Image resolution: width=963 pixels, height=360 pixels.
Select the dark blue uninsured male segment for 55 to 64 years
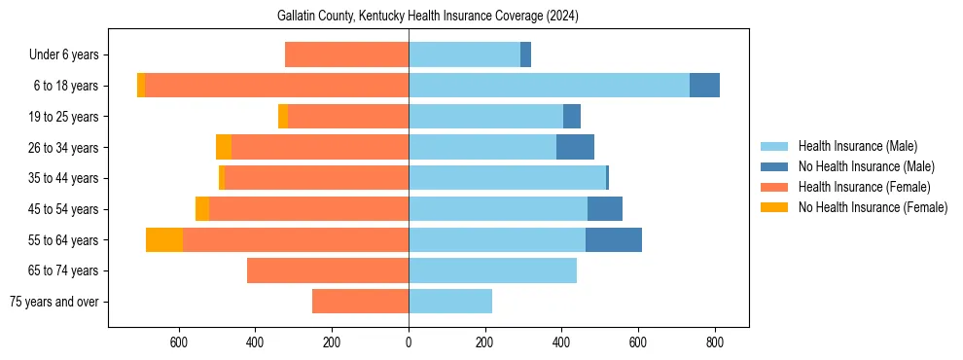pyautogui.click(x=614, y=239)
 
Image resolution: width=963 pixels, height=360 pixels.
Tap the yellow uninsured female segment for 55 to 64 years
pyautogui.click(x=164, y=239)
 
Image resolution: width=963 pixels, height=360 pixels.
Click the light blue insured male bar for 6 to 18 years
pyautogui.click(x=549, y=86)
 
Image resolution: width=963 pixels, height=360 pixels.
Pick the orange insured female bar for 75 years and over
pyautogui.click(x=360, y=302)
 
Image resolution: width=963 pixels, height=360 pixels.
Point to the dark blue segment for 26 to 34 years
pyautogui.click(x=575, y=147)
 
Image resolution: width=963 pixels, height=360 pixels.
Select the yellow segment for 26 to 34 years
pyautogui.click(x=224, y=147)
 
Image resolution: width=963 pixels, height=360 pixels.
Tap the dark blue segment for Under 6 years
pyautogui.click(x=525, y=54)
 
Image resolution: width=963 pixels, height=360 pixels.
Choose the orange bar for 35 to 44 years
pyautogui.click(x=316, y=178)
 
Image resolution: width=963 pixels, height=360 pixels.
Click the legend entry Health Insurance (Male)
pyautogui.click(x=857, y=146)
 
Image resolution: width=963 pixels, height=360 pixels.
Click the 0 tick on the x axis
pyautogui.click(x=409, y=342)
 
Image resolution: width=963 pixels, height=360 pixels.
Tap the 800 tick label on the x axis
pyautogui.click(x=714, y=342)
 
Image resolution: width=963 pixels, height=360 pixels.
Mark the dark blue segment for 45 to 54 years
pyautogui.click(x=605, y=209)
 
